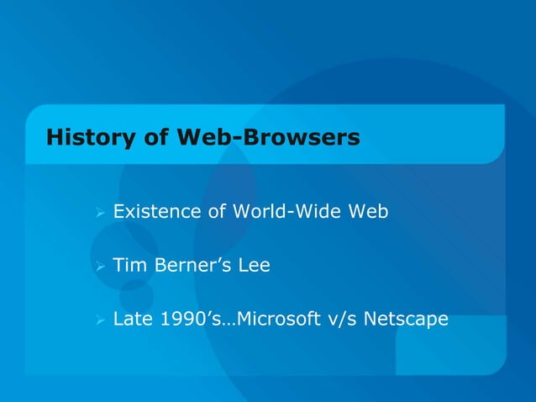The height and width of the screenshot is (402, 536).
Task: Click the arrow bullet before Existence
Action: (x=98, y=213)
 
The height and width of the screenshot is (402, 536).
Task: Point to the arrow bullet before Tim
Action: (x=98, y=267)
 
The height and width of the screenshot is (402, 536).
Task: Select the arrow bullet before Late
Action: (x=98, y=320)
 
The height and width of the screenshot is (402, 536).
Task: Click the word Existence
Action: (x=157, y=212)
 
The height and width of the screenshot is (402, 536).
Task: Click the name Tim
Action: (x=130, y=266)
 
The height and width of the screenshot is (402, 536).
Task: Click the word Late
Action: (x=132, y=320)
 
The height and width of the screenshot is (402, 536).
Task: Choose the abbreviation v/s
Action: (x=337, y=320)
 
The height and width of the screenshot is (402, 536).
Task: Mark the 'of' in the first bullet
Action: (x=218, y=212)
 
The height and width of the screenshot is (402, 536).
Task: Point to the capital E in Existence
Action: (x=118, y=212)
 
